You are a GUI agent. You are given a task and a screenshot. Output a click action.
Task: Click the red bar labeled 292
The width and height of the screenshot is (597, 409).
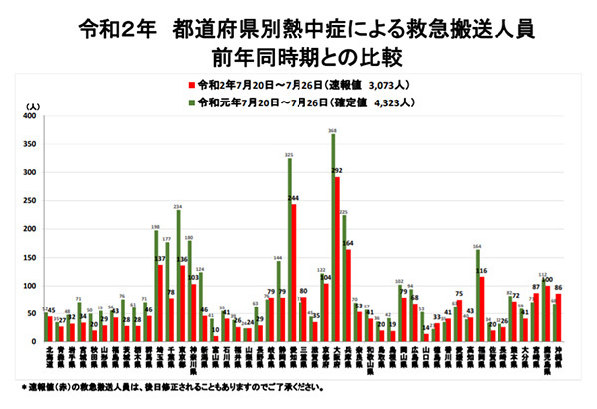pyautogui.click(x=337, y=259)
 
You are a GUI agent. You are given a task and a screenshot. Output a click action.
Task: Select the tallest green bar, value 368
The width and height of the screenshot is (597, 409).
pyautogui.click(x=332, y=239)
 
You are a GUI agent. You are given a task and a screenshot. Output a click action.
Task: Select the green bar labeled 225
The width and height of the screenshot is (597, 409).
pyautogui.click(x=344, y=279)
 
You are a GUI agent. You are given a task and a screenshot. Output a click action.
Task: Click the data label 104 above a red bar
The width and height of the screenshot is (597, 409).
pyautogui.click(x=327, y=278)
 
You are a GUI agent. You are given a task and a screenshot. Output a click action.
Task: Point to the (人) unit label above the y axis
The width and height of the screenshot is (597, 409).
pyautogui.click(x=35, y=104)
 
